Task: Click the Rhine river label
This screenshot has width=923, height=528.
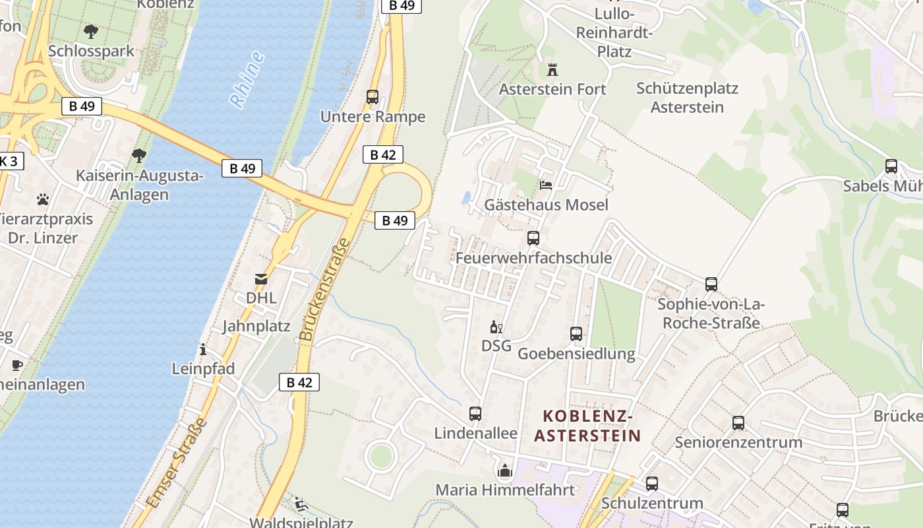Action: click(247, 79)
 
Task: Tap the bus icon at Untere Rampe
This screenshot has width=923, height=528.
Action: click(372, 97)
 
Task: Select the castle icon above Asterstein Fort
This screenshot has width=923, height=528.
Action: click(552, 69)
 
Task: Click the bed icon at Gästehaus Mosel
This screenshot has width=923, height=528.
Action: click(546, 185)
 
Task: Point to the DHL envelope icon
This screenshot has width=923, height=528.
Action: click(261, 279)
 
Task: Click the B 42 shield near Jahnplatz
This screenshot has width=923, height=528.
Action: click(299, 382)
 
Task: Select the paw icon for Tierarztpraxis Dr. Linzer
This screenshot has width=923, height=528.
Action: click(44, 199)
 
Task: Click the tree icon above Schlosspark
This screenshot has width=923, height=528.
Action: click(91, 31)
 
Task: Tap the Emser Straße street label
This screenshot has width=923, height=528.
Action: click(177, 462)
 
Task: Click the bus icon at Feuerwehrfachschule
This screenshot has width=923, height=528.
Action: click(533, 238)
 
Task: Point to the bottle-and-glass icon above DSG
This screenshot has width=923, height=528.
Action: click(496, 327)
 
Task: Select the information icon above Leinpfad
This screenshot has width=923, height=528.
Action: click(203, 349)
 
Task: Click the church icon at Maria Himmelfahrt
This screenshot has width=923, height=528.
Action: click(505, 471)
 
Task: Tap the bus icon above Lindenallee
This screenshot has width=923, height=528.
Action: click(475, 414)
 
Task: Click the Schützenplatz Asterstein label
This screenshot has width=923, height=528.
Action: click(687, 97)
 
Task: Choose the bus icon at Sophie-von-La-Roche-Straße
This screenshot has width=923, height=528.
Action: click(711, 284)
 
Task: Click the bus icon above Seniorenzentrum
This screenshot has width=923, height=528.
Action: click(738, 423)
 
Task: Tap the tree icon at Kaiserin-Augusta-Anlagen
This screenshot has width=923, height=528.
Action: click(138, 156)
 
